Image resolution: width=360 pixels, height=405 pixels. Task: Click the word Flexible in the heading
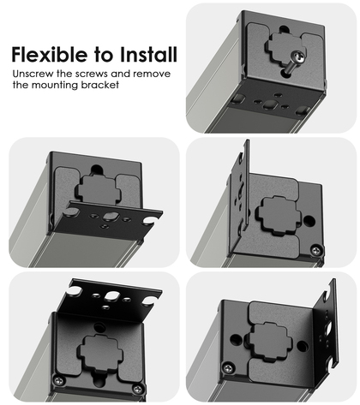point(50,54)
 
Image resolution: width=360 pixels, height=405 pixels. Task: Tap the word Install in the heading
point(148,54)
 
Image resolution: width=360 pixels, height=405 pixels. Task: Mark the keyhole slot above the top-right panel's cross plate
point(284,29)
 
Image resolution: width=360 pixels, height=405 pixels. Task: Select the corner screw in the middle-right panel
point(316,251)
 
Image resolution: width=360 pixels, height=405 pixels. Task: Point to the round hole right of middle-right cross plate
point(309,221)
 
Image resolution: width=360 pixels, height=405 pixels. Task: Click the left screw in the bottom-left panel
point(59,380)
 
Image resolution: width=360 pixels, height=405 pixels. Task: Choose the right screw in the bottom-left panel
point(137,389)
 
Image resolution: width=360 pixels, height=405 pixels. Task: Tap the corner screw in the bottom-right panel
point(228,368)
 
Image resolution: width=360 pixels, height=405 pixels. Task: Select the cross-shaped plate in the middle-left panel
point(99,190)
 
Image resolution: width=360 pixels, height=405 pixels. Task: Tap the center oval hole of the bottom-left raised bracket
point(111,295)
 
